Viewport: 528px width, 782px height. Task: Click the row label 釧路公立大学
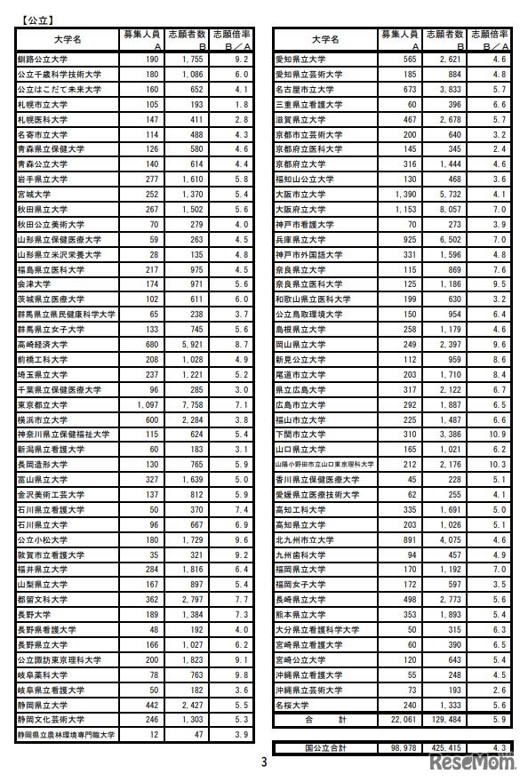tap(41, 60)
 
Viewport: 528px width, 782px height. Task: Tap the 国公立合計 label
tap(321, 749)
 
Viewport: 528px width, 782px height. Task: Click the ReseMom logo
tap(481, 763)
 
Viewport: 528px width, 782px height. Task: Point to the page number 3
tap(263, 762)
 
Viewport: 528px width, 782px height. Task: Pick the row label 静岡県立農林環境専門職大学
tap(66, 735)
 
